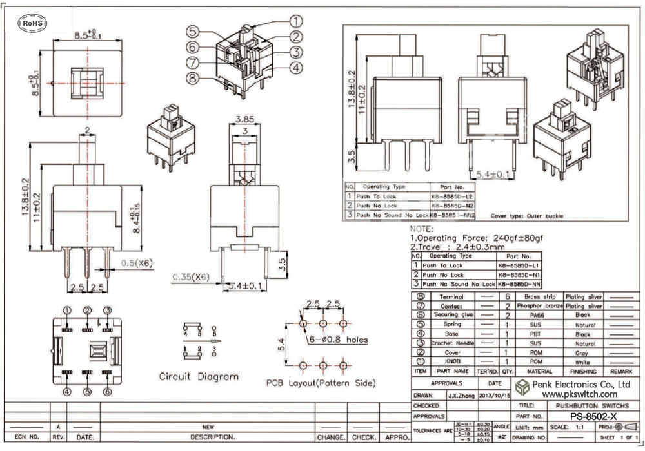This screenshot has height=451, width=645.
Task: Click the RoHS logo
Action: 31,23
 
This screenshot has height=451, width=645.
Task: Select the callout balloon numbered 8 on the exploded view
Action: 192,79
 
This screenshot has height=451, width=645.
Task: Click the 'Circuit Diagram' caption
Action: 199,376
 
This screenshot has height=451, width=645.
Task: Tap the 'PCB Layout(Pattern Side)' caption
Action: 321,383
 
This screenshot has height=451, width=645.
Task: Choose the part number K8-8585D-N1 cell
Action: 517,274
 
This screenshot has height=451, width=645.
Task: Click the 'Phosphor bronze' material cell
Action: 538,306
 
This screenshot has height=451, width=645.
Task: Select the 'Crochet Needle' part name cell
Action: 451,344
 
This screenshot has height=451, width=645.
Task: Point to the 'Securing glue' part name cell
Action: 451,315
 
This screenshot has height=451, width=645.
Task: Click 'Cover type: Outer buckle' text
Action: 526,216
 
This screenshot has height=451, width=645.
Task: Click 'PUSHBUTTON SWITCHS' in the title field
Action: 588,406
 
